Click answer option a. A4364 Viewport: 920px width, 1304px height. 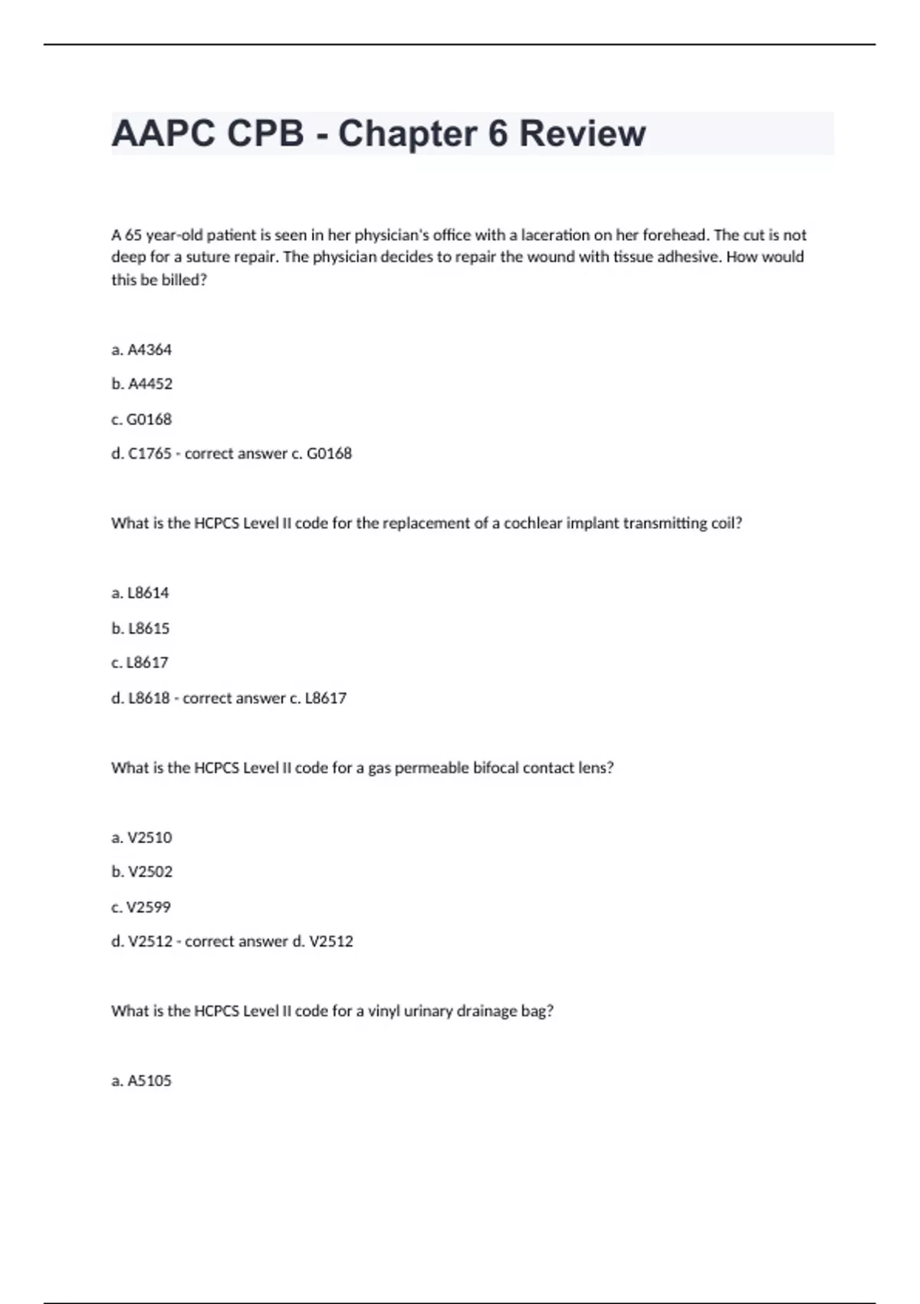pyautogui.click(x=142, y=350)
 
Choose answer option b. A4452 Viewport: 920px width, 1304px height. pyautogui.click(x=142, y=384)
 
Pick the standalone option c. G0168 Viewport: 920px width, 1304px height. pyautogui.click(x=142, y=419)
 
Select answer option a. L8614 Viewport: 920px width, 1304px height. pyautogui.click(x=140, y=593)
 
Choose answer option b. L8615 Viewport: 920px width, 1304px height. pyautogui.click(x=140, y=628)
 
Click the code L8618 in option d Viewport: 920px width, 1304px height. pyautogui.click(x=149, y=698)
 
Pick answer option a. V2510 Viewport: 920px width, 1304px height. pyautogui.click(x=142, y=838)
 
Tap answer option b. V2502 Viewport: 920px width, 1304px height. pyautogui.click(x=142, y=871)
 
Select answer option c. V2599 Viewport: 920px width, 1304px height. pyautogui.click(x=141, y=907)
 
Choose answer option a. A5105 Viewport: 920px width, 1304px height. pyautogui.click(x=142, y=1081)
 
